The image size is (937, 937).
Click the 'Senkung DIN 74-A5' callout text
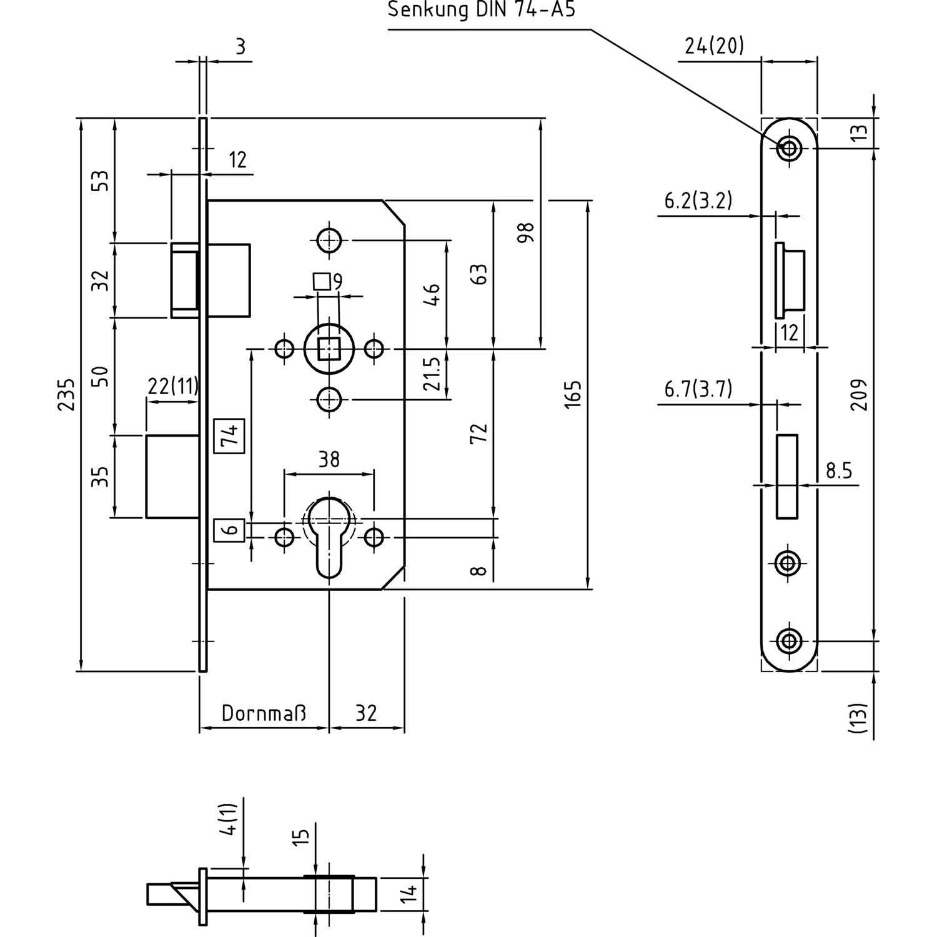pos(481,11)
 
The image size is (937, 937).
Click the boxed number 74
pos(229,435)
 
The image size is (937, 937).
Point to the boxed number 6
pos(229,530)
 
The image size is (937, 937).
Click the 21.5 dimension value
pos(432,374)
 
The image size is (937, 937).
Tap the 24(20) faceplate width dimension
pos(714,46)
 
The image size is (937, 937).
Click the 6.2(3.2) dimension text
pos(698,201)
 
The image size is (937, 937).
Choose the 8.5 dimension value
pos(838,470)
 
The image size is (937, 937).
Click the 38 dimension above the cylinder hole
pos(329,460)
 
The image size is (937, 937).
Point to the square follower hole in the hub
pos(329,349)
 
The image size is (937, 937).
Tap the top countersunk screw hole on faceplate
pos(789,148)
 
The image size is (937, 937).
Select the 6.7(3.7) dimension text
pos(698,389)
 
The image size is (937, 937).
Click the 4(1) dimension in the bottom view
pos(231,819)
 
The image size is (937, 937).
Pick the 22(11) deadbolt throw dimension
pos(173,387)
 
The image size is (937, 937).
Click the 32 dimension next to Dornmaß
pos(366,713)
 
